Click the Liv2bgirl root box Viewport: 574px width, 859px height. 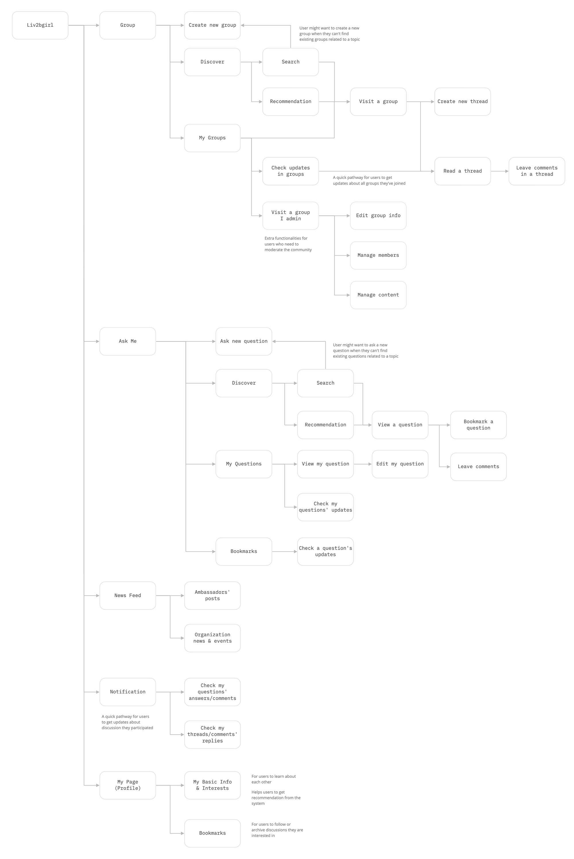click(x=40, y=25)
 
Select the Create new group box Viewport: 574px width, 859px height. click(x=212, y=25)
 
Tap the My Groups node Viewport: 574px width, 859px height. click(x=212, y=138)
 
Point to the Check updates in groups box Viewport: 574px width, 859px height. click(x=291, y=171)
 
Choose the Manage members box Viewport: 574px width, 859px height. click(x=378, y=255)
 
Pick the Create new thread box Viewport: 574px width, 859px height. click(x=463, y=102)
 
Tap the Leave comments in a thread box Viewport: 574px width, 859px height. click(x=537, y=171)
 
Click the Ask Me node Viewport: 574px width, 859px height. click(x=128, y=341)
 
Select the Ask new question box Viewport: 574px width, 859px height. click(x=244, y=341)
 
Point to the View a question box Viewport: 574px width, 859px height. click(x=400, y=425)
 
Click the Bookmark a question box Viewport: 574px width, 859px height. click(x=478, y=425)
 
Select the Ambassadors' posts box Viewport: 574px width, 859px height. click(x=212, y=596)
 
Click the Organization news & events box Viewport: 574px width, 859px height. click(x=212, y=638)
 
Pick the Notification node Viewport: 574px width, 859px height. click(x=128, y=692)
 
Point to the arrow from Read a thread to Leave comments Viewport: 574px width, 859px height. click(x=500, y=171)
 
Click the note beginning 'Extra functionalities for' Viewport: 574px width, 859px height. click(x=288, y=244)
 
